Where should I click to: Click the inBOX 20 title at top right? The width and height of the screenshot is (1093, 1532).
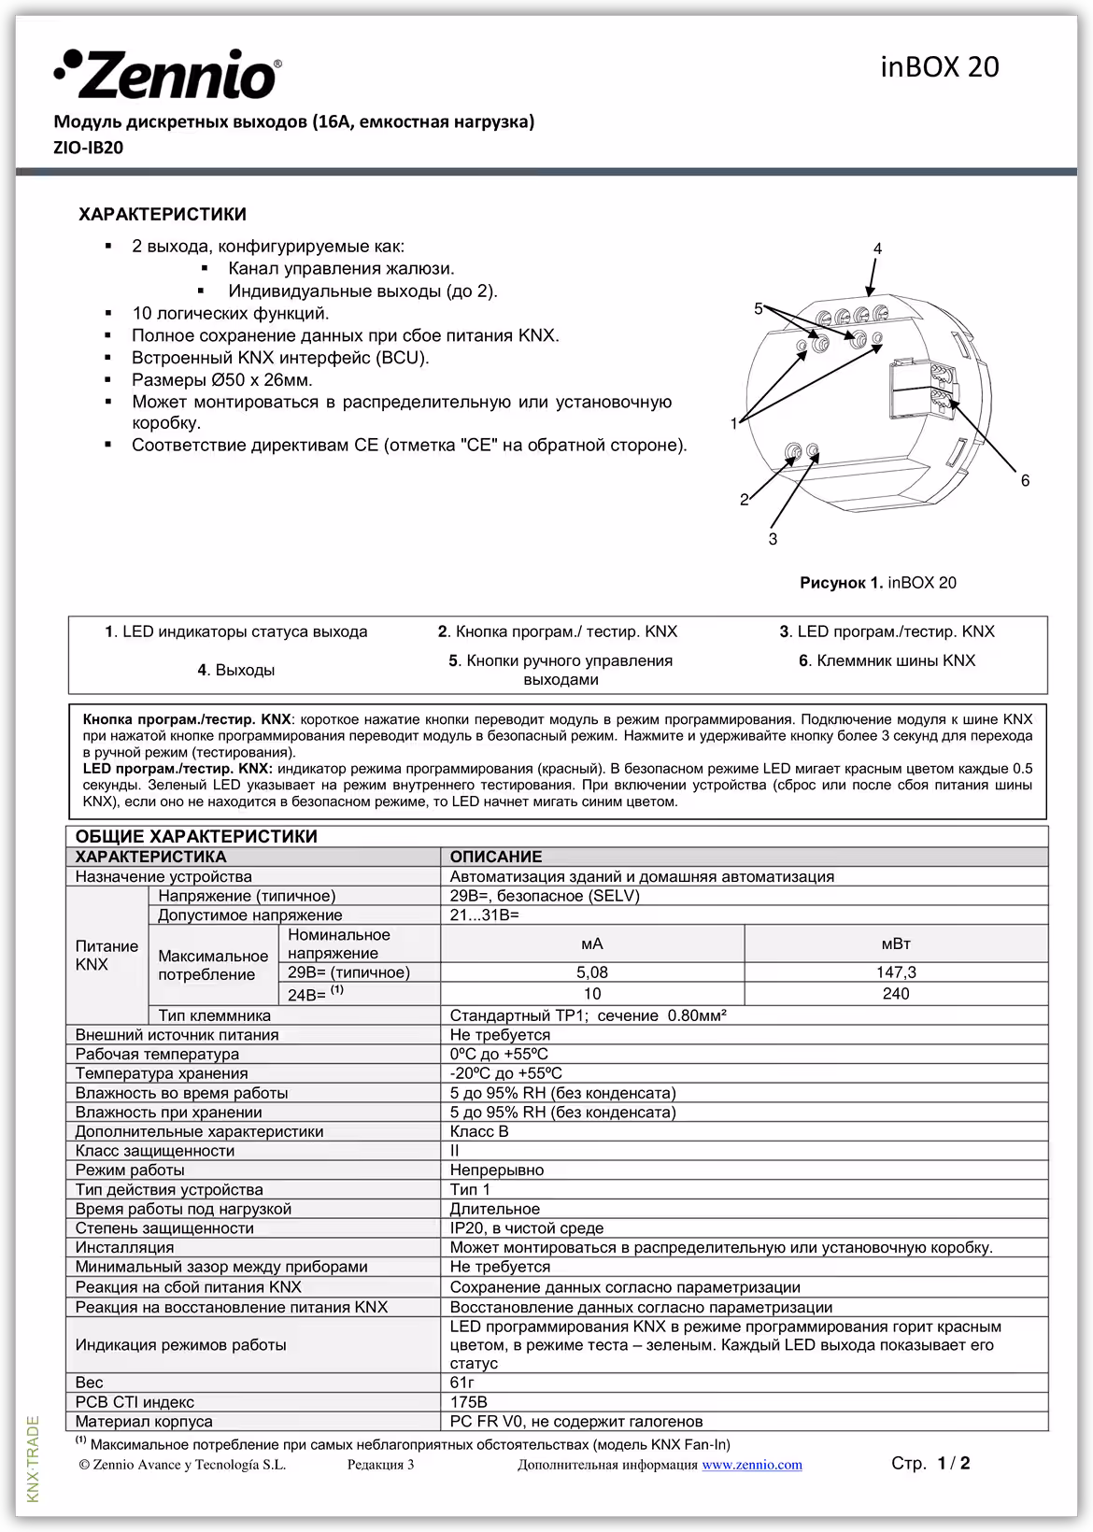[939, 67]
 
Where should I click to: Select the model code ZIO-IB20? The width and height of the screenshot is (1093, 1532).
[89, 148]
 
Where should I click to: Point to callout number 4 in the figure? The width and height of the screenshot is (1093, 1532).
[877, 248]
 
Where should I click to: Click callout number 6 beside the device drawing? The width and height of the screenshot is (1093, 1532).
[1025, 480]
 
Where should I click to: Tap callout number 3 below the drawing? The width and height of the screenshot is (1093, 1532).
[773, 539]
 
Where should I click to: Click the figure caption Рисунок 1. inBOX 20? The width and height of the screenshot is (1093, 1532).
[877, 583]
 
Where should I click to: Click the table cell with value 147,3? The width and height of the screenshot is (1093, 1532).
[895, 972]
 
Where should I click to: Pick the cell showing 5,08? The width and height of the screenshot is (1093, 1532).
[591, 972]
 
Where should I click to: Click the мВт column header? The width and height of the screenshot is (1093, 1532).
[895, 943]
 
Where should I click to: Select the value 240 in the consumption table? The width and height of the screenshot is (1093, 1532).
[895, 994]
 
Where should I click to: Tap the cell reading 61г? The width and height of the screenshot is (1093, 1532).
[462, 1383]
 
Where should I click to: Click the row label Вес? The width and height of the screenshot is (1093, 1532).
[90, 1383]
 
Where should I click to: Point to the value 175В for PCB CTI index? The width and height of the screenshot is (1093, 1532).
[468, 1402]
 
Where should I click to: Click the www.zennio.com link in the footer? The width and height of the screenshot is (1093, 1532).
[751, 1465]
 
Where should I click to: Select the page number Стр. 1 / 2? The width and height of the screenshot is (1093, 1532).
[930, 1463]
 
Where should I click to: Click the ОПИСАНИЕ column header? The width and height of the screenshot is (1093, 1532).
[496, 857]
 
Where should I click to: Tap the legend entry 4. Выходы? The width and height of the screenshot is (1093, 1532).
[235, 670]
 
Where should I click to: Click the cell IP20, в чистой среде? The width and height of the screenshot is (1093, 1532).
[527, 1228]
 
